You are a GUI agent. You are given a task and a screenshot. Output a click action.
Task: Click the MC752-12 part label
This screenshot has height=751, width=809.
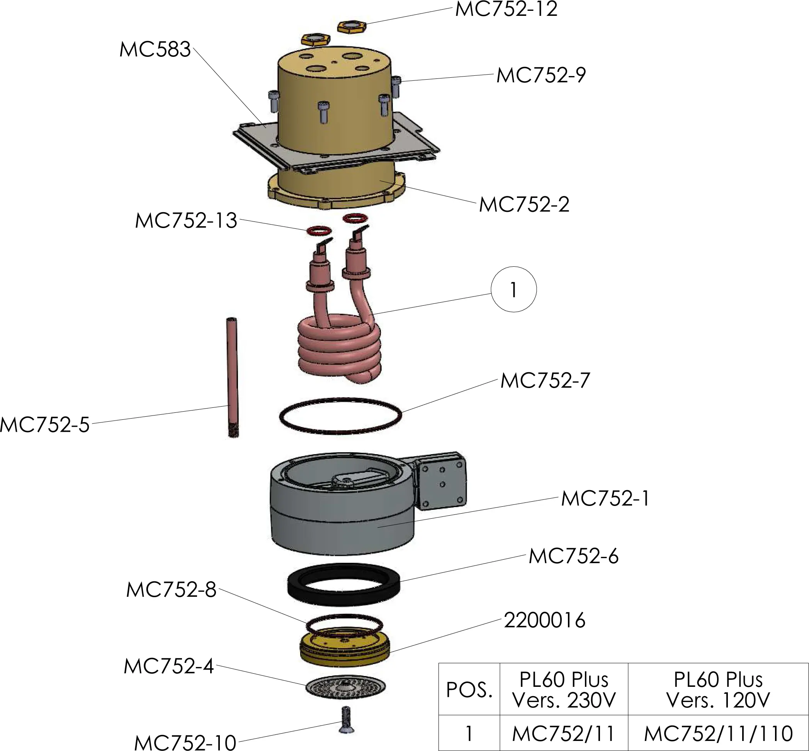[506, 9]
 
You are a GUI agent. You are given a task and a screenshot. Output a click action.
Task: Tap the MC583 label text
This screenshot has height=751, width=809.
[155, 49]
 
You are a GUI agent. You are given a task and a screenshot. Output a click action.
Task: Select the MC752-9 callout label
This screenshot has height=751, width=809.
[541, 76]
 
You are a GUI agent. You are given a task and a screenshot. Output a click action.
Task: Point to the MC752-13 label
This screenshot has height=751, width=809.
[185, 221]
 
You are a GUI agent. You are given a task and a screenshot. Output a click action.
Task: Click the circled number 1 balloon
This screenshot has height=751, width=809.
[513, 290]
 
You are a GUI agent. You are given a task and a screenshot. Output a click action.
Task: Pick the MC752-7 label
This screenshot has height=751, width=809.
[545, 381]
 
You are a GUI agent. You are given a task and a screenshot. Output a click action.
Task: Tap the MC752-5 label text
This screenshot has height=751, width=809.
[45, 425]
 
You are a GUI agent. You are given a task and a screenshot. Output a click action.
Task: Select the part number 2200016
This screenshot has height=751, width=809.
[544, 620]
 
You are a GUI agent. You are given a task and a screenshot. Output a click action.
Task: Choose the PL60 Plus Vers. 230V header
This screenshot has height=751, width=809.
[564, 690]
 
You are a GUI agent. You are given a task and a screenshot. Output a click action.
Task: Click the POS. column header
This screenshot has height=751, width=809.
[469, 690]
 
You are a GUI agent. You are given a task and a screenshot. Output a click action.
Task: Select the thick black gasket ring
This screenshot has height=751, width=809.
[343, 585]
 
